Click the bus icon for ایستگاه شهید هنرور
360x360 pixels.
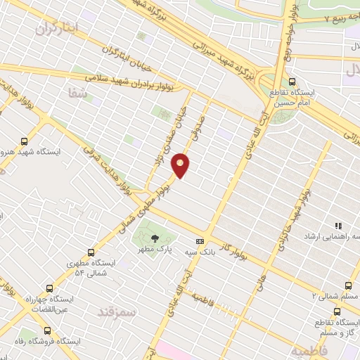click(25, 140)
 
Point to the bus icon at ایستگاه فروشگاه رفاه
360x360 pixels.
click(48, 330)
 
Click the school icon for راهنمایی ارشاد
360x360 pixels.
click(337, 226)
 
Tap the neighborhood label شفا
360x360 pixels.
click(72, 91)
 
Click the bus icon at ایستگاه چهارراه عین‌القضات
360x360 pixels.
click(49, 289)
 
